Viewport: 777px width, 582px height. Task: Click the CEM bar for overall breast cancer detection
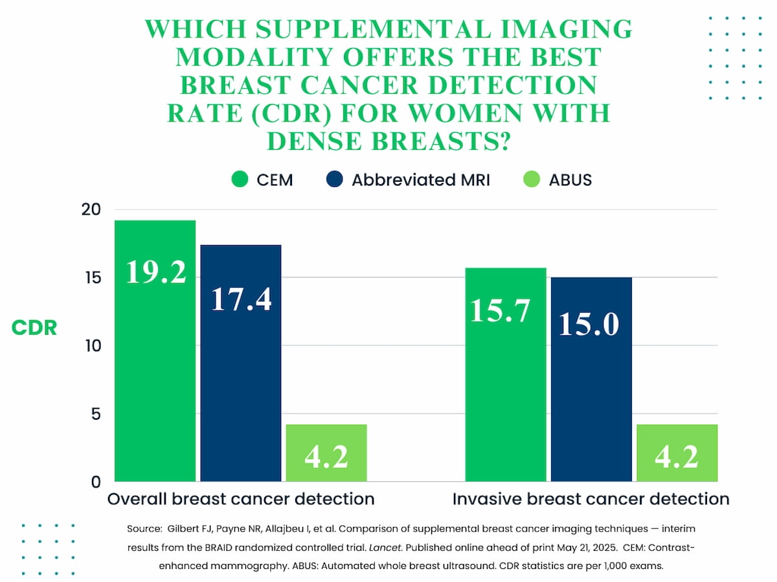click(x=155, y=362)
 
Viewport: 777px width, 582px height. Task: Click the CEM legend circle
click(x=240, y=179)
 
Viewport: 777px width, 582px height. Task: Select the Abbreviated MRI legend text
click(x=421, y=180)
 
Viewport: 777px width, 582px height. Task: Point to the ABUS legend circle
click(x=532, y=179)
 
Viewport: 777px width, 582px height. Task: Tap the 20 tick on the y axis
click(x=91, y=210)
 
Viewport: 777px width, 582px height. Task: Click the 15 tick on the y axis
click(x=91, y=277)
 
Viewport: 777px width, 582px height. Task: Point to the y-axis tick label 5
click(x=96, y=413)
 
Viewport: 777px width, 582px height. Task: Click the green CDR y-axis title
click(x=34, y=328)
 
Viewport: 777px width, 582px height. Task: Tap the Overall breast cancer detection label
click(x=241, y=499)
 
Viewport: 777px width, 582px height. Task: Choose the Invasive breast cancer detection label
click(x=591, y=499)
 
